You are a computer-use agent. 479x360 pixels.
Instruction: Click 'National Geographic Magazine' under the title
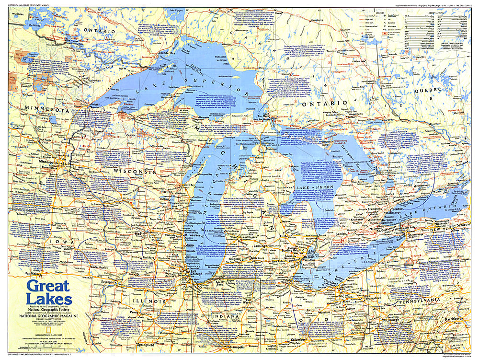(x=48, y=316)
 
